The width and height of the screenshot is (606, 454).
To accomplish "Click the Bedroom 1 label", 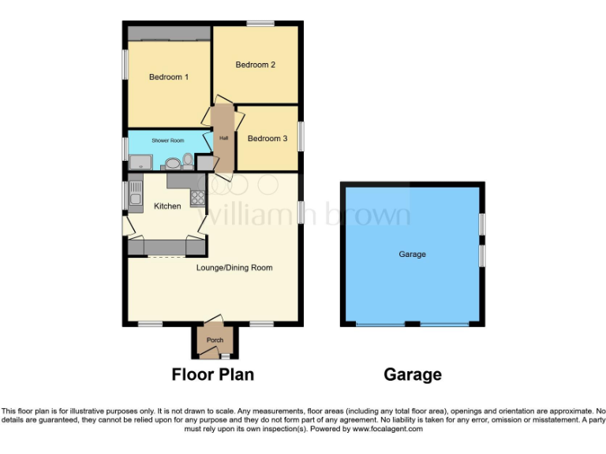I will [x=169, y=77].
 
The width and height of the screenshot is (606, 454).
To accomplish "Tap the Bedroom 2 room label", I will [x=255, y=65].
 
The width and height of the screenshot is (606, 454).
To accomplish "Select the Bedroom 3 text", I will [x=267, y=139].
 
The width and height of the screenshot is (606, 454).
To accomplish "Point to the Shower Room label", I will [x=168, y=140].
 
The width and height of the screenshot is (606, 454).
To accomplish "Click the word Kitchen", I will [x=167, y=207].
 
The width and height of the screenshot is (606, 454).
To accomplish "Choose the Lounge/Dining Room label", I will [x=234, y=268].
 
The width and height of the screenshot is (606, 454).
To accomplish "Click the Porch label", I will [x=215, y=340].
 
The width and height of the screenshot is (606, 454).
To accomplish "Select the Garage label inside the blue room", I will [x=412, y=255].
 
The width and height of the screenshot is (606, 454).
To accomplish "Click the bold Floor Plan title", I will [x=213, y=374].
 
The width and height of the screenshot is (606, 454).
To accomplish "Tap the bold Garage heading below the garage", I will [x=412, y=374].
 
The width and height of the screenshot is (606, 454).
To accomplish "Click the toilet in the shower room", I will [x=187, y=161].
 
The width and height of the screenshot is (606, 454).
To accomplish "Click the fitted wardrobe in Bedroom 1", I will [x=169, y=33].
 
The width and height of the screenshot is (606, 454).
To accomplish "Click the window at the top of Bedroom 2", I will [x=260, y=24].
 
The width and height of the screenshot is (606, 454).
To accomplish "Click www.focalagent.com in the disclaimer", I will [x=387, y=429].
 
